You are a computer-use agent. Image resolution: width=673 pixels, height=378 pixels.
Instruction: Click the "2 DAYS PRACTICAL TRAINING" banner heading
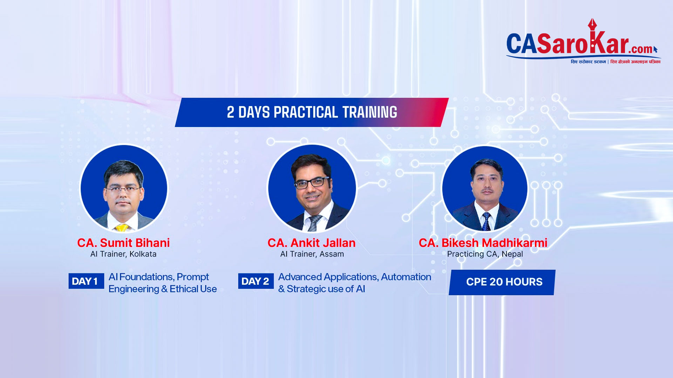click(312, 112)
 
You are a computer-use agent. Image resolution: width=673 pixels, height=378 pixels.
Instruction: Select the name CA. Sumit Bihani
click(123, 243)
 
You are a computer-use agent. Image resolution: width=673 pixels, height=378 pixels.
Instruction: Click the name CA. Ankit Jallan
click(311, 243)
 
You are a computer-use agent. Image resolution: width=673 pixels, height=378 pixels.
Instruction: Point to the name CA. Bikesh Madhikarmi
click(483, 243)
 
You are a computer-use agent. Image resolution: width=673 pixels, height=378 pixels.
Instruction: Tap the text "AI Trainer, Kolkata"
click(123, 254)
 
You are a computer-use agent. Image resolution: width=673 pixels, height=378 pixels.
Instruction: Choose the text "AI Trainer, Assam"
click(312, 254)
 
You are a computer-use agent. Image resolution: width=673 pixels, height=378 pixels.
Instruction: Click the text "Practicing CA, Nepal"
click(485, 254)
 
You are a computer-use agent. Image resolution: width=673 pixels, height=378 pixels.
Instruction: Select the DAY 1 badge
click(86, 281)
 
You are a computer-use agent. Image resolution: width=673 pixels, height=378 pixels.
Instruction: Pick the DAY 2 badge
click(256, 281)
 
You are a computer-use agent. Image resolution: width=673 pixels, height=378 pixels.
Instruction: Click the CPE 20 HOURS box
click(502, 282)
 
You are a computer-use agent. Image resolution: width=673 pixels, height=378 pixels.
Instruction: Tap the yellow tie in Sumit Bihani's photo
click(122, 228)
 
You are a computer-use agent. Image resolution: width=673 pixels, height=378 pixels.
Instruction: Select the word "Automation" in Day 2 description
click(406, 277)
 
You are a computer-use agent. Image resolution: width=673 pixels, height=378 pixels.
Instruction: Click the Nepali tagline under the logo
click(616, 62)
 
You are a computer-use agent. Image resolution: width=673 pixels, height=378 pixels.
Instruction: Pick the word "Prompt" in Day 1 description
click(193, 277)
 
